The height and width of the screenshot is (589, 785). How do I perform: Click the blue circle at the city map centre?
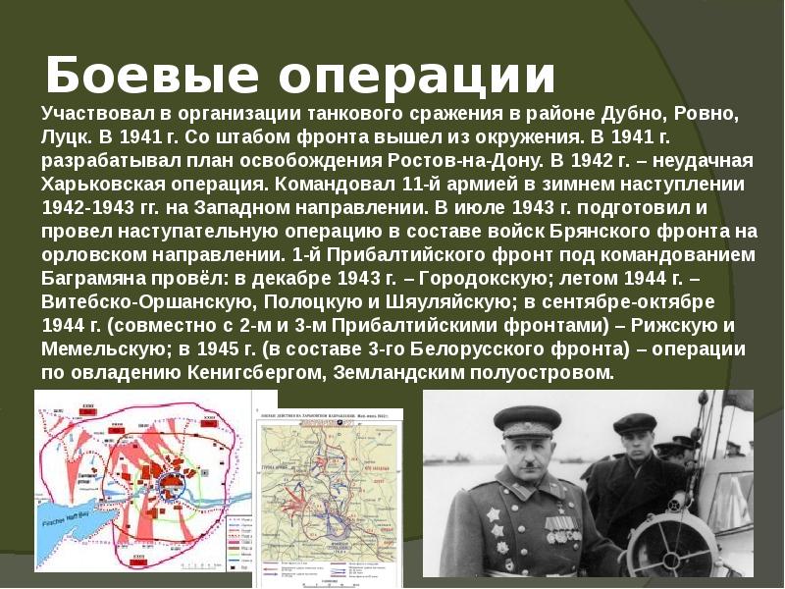click(177, 482)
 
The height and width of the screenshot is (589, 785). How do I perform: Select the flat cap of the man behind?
click(634, 424)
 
